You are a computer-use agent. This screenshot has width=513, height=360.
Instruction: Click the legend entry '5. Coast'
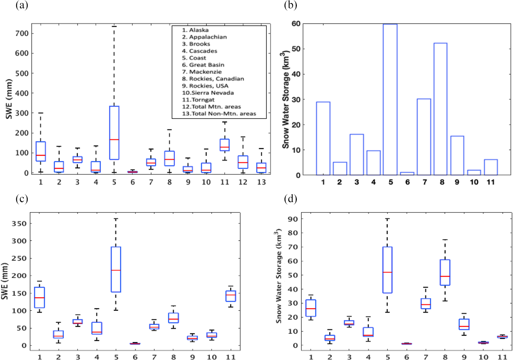tap(194, 58)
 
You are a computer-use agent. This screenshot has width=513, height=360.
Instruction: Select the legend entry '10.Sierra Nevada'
tap(208, 93)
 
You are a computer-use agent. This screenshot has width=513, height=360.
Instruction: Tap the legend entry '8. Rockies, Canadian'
tap(213, 79)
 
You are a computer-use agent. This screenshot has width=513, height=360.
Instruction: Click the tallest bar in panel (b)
tap(390, 100)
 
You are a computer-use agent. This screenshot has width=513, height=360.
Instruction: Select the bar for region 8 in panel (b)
tap(440, 109)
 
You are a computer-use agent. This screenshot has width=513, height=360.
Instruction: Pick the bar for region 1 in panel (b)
tap(323, 138)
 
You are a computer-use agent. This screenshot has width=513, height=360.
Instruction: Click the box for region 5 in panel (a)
tap(114, 133)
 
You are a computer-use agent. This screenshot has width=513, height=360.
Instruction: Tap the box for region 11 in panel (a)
tap(225, 145)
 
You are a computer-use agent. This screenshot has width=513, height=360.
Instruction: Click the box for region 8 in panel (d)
tap(445, 272)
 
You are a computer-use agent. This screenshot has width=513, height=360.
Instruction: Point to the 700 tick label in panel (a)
tap(22, 34)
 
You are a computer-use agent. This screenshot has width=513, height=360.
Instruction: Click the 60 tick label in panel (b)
tap(296, 24)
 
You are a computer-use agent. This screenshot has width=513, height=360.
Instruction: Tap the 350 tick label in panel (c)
tap(19, 224)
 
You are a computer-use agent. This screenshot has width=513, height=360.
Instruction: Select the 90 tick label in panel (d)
tap(293, 219)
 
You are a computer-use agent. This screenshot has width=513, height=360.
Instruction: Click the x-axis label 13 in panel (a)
tap(261, 182)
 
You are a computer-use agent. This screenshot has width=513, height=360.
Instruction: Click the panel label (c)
tap(22, 199)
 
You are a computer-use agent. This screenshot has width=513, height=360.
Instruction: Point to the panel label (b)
tap(290, 5)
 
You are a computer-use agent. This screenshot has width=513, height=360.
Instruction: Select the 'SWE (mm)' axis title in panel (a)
tap(9, 99)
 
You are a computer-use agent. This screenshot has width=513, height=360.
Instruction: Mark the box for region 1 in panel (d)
tap(311, 308)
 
